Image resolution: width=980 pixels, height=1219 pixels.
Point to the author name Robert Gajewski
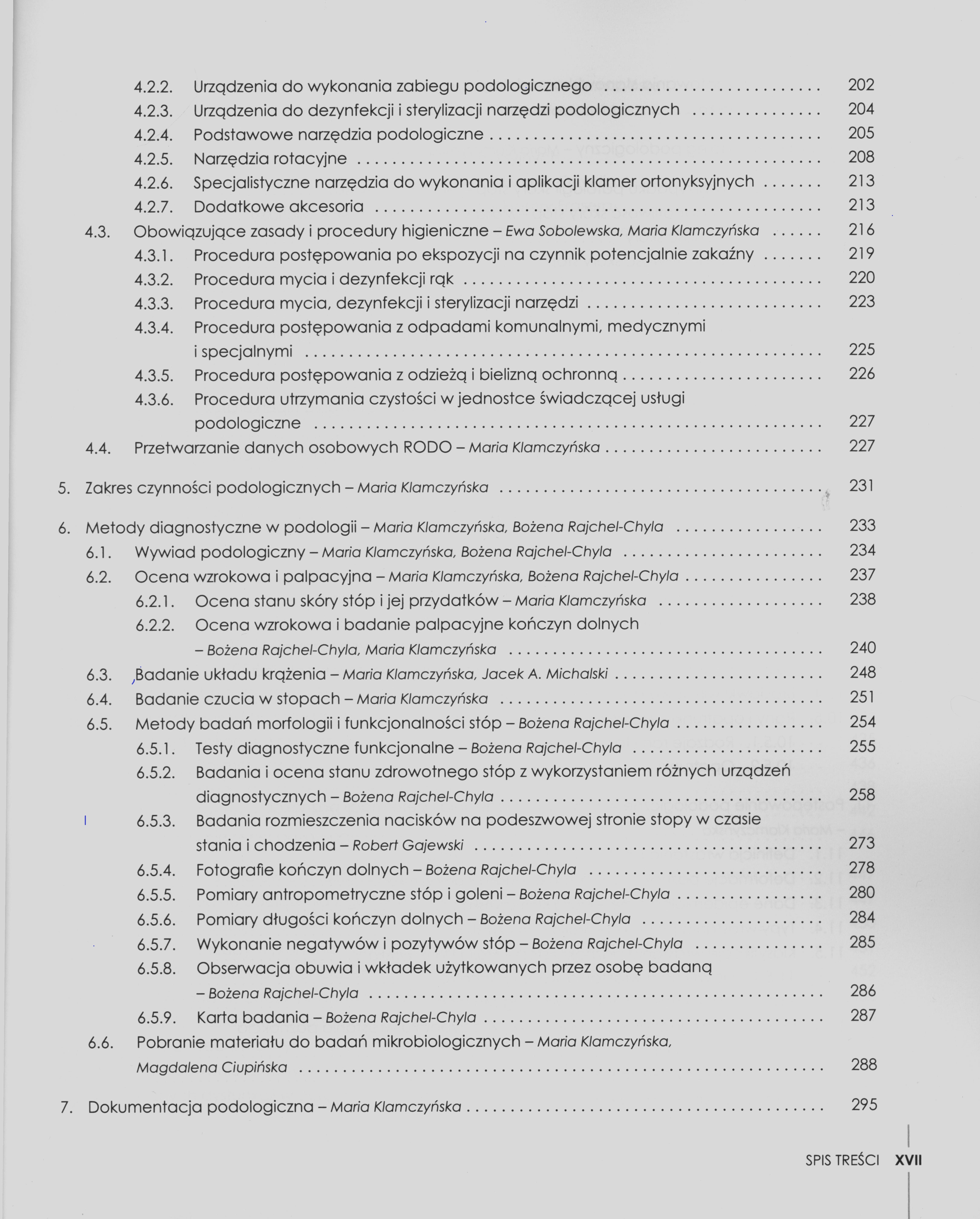pyautogui.click(x=408, y=845)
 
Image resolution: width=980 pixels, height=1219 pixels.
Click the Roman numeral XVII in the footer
pyautogui.click(x=908, y=1161)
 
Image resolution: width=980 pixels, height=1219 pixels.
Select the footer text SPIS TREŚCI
pyautogui.click(x=842, y=1161)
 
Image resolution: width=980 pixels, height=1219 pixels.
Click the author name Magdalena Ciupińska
pyautogui.click(x=212, y=1067)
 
